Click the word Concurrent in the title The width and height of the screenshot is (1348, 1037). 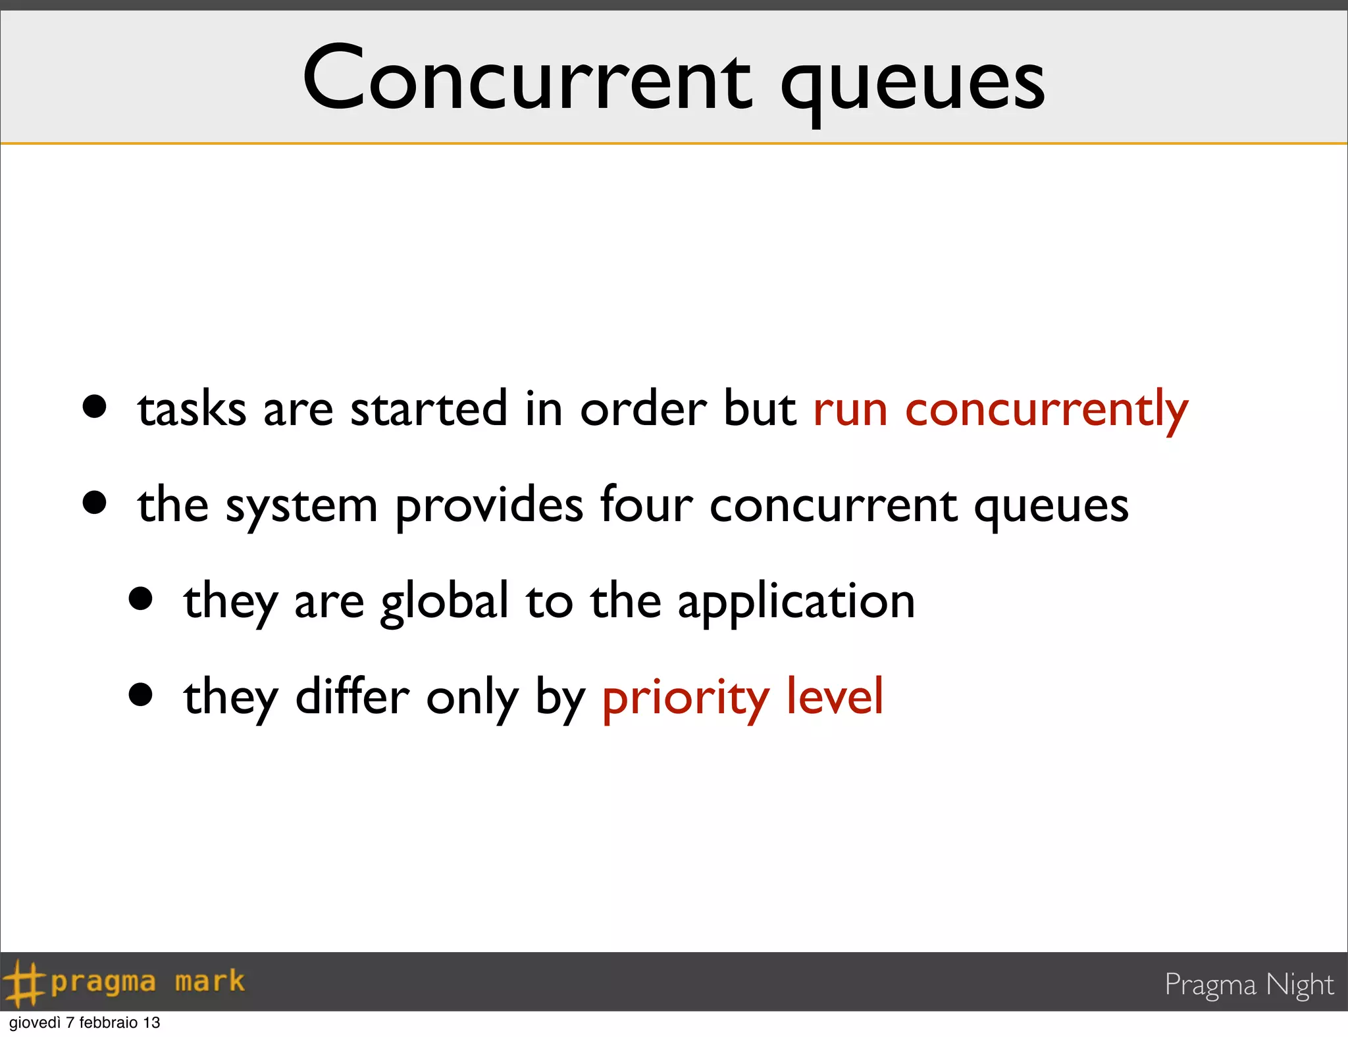click(527, 79)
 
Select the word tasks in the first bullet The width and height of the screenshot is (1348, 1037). click(192, 409)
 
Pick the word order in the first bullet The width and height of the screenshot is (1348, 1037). click(643, 409)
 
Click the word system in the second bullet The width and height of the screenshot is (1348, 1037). click(301, 507)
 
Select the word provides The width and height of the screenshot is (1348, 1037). click(488, 507)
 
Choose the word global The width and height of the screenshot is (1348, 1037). click(444, 601)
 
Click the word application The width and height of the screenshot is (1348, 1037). click(796, 603)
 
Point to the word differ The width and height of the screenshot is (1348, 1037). click(352, 697)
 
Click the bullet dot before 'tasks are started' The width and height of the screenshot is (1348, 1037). click(95, 407)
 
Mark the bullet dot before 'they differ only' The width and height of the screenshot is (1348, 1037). click(140, 694)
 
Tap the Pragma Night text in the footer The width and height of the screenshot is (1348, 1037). click(1249, 985)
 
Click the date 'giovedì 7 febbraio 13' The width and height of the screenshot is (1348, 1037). click(85, 1023)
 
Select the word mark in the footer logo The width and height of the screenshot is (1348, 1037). click(209, 982)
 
